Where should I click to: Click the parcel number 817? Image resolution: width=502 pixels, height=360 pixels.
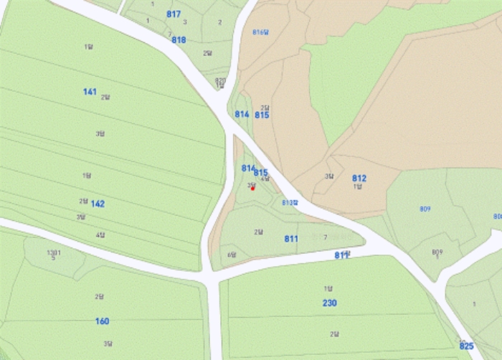(x=174, y=14)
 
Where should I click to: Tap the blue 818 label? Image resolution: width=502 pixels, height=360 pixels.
(x=179, y=40)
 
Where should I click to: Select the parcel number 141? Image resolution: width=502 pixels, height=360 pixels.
(x=90, y=92)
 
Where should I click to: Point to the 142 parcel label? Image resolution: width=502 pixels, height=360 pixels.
(x=98, y=204)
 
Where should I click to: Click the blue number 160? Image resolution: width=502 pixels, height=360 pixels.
(x=102, y=321)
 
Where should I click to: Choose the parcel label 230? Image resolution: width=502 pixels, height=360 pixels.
(x=329, y=303)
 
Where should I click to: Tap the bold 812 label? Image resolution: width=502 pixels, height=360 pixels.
(x=359, y=178)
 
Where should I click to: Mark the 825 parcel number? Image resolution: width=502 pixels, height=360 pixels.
(x=466, y=346)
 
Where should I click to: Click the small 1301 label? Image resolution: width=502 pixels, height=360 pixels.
(x=54, y=252)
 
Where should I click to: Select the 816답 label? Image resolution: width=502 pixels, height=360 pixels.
(x=260, y=32)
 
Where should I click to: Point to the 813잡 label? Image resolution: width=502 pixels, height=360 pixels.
(x=289, y=203)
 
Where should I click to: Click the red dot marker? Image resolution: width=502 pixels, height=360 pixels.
(x=252, y=189)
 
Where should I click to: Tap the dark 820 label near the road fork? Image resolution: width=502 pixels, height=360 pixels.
(x=220, y=80)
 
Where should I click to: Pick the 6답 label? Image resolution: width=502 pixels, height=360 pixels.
(x=232, y=255)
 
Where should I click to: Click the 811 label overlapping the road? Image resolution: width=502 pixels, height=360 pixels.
(x=341, y=255)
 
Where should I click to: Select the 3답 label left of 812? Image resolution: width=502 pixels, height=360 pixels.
(x=328, y=176)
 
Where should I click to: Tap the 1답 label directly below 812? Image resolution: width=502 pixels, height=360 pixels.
(x=357, y=186)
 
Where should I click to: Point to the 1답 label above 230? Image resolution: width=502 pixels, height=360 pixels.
(x=328, y=288)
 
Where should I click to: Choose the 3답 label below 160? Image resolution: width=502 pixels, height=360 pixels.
(x=107, y=344)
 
